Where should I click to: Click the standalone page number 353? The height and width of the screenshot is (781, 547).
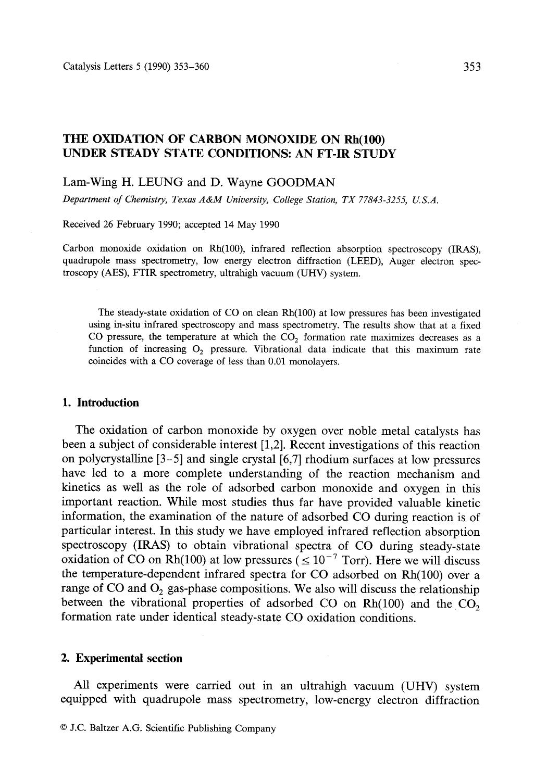point(471,66)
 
